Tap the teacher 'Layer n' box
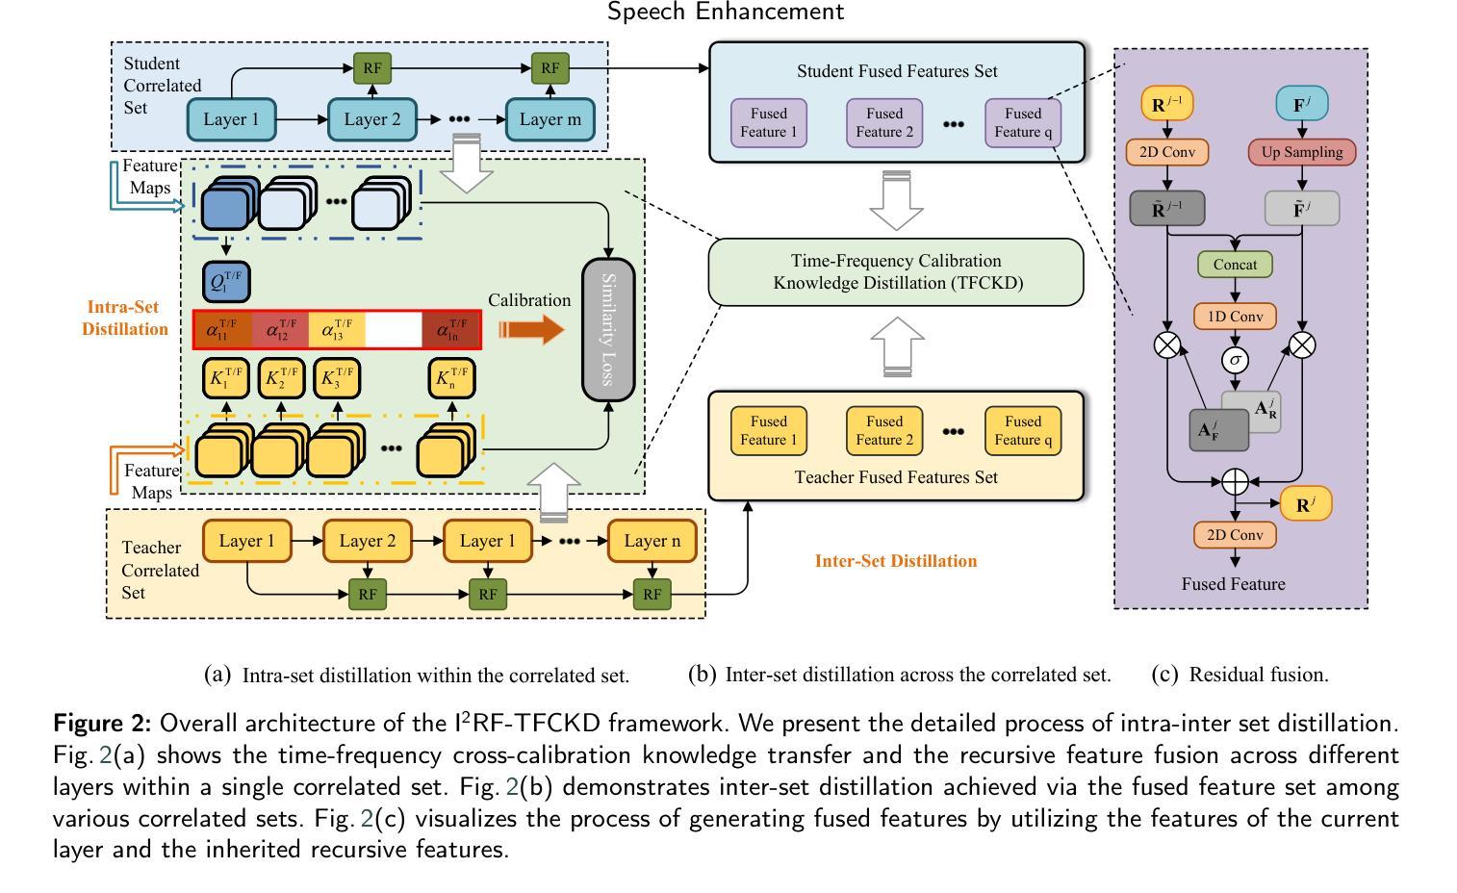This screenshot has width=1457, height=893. click(652, 541)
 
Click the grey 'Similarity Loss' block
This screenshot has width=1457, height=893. click(608, 330)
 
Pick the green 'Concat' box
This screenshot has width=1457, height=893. click(1235, 264)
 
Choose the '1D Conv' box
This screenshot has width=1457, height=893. click(1235, 316)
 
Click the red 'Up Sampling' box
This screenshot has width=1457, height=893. click(1302, 152)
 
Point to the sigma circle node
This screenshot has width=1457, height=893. click(1235, 360)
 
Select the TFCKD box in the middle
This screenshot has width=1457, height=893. click(895, 272)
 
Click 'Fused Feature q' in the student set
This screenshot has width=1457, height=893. click(1023, 122)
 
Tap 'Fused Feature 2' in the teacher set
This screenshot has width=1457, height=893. click(883, 430)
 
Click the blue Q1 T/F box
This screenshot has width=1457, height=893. click(226, 281)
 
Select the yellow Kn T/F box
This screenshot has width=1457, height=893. click(452, 377)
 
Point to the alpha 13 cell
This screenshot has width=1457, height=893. click(337, 330)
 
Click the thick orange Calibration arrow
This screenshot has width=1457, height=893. click(532, 330)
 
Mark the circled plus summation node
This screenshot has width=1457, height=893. click(1235, 480)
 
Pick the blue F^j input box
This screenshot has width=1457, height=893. click(1302, 104)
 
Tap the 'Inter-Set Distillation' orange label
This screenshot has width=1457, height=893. click(895, 561)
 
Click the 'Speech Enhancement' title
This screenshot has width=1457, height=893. click(726, 13)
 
